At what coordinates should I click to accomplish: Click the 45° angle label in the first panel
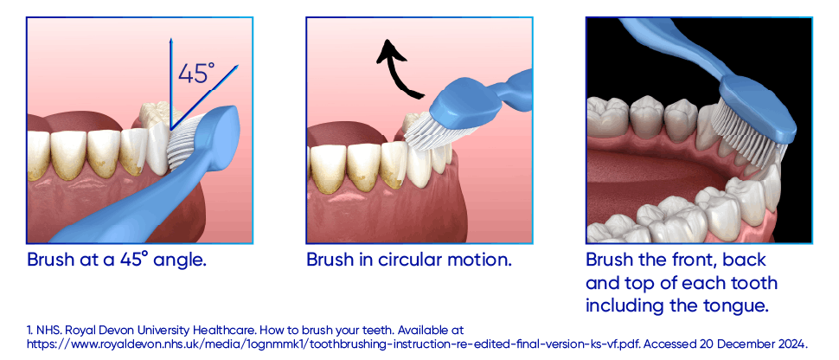pyautogui.click(x=196, y=74)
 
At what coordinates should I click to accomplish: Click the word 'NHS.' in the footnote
pyautogui.click(x=46, y=330)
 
